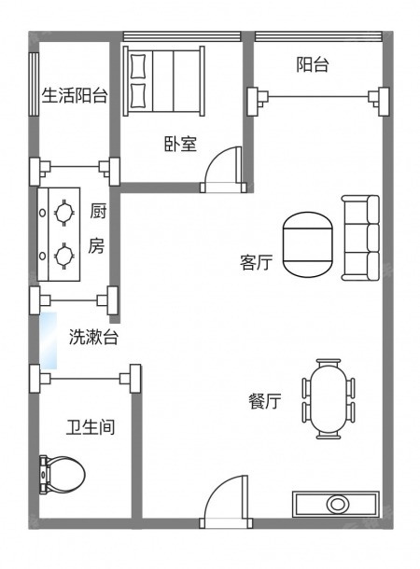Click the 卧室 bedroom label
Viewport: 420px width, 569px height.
[x=180, y=144]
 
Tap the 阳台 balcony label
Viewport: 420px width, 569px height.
[x=312, y=64]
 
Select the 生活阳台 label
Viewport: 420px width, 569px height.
[x=75, y=95]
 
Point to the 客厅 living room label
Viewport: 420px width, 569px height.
[x=256, y=262]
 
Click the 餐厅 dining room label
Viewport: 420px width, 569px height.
[x=265, y=401]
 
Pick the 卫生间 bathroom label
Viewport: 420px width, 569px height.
[x=91, y=427]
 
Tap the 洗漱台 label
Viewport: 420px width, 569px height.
[x=93, y=337]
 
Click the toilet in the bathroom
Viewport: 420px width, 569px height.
[x=63, y=475]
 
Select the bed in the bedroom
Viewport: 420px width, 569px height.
[x=163, y=81]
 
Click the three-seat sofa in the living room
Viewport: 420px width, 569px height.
[x=360, y=238]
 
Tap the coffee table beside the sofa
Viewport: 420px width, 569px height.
[x=307, y=244]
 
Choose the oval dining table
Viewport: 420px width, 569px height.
[x=329, y=399]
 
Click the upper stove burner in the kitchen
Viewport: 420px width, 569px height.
[x=64, y=213]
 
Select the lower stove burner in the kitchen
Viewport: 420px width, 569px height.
[x=64, y=257]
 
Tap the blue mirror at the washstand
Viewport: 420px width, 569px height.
[x=49, y=340]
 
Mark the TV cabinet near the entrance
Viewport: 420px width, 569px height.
[x=336, y=504]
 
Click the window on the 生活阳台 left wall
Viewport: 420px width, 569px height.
[x=34, y=84]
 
